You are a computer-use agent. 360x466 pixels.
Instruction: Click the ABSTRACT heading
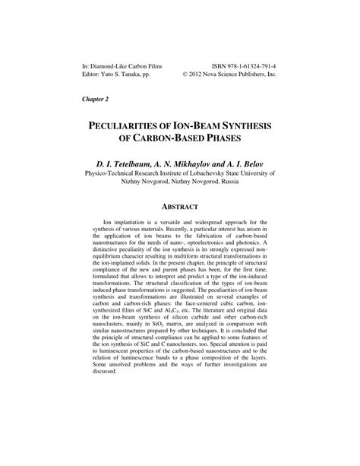click(179, 206)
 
